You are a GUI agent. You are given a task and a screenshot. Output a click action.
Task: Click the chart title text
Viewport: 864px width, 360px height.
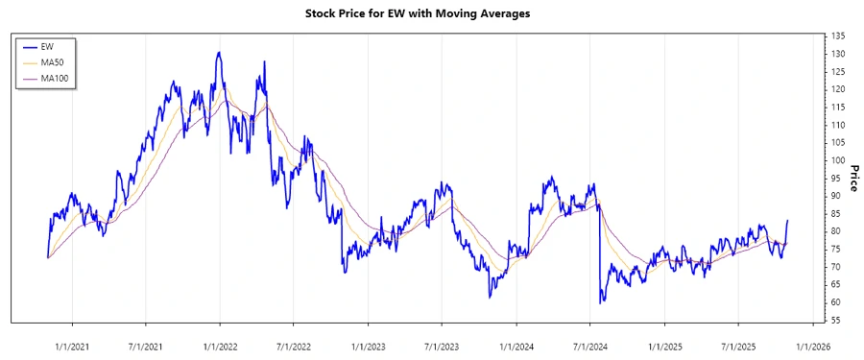tap(431, 13)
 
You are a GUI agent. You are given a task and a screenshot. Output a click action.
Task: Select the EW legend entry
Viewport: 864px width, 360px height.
tap(48, 46)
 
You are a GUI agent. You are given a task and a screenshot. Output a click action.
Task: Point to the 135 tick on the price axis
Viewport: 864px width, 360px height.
tap(838, 36)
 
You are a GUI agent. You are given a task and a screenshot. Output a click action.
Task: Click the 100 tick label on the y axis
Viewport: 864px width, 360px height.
tap(838, 160)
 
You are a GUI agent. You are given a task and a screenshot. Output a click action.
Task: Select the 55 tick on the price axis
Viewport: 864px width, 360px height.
tap(836, 320)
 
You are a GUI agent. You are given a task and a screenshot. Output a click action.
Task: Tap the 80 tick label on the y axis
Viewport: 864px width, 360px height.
tap(836, 231)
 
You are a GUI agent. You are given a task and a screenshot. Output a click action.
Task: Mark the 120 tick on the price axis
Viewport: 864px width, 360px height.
tap(838, 89)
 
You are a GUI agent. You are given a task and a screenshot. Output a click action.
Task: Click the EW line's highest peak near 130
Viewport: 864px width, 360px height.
tap(219, 53)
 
